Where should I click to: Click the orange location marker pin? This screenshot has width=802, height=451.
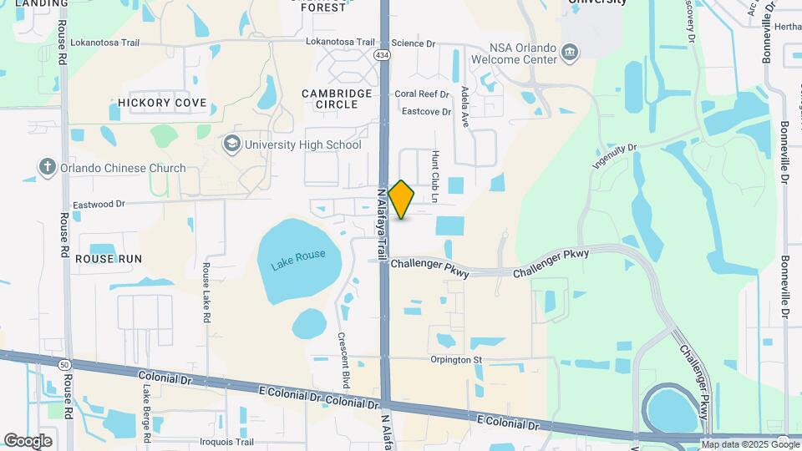click(x=402, y=200)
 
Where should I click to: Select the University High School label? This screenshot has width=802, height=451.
click(x=302, y=144)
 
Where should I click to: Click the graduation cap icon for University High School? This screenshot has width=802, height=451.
click(x=231, y=144)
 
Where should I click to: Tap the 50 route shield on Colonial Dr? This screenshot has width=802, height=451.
click(x=64, y=364)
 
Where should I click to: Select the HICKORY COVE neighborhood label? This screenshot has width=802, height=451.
click(x=162, y=103)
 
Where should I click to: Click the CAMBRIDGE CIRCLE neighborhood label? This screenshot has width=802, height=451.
click(x=337, y=99)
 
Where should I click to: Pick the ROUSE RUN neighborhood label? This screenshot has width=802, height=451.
click(x=109, y=259)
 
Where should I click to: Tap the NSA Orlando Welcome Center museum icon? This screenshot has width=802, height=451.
click(x=570, y=53)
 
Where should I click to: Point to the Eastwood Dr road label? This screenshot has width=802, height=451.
click(x=99, y=203)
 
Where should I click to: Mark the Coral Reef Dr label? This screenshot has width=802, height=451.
click(x=422, y=94)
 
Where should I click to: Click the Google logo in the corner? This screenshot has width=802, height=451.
click(x=28, y=440)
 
